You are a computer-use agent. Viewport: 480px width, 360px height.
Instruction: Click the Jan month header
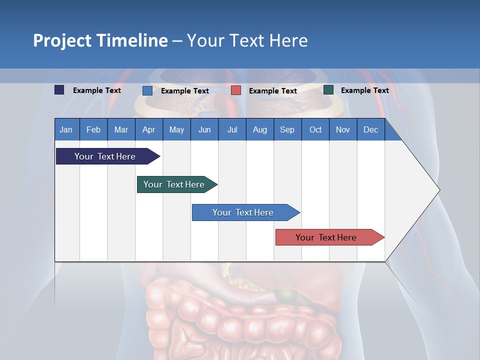66,129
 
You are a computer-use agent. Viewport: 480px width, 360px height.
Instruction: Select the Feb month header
93,129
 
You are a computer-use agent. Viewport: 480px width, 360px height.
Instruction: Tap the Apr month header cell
148,129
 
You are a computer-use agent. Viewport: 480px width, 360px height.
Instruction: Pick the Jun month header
204,129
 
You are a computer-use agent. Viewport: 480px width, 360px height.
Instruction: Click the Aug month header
259,129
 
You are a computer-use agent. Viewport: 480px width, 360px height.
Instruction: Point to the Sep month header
287,129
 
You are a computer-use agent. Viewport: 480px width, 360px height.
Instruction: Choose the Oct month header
315,129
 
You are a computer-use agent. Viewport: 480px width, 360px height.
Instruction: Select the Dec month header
370,129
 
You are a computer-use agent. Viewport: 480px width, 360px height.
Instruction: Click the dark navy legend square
59,90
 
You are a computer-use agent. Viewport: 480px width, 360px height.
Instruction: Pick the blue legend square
147,90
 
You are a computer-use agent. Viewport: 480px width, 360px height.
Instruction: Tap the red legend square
236,90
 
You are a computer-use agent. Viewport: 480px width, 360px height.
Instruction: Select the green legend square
328,90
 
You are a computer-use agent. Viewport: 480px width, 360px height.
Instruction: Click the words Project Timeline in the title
100,40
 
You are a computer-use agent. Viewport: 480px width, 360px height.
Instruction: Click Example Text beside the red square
272,91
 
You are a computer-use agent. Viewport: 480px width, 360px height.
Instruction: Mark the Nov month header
343,129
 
